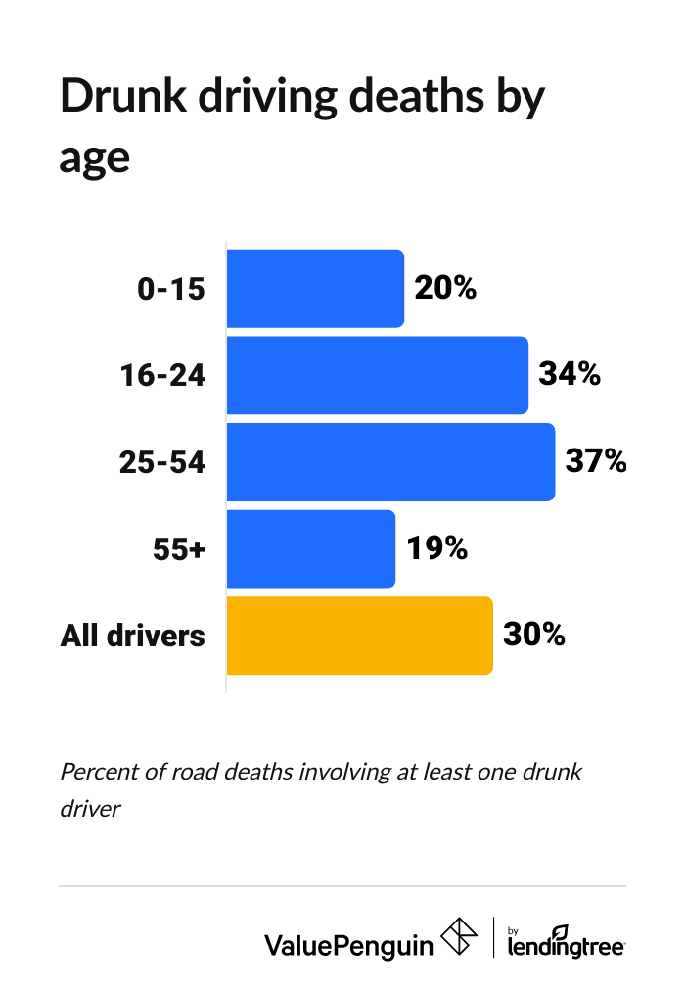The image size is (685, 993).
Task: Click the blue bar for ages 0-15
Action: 315,289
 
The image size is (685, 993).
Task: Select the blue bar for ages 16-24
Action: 377,375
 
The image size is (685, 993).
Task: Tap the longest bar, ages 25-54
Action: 390,462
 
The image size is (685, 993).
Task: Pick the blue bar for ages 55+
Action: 310,548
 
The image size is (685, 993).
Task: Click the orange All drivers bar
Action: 359,636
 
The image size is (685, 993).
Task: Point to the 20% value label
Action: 445,289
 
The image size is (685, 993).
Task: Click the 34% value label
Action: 570,375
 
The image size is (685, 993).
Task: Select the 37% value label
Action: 596,462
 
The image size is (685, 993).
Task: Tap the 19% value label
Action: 436,548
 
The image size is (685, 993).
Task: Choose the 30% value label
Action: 534,636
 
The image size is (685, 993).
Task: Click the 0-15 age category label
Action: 171,290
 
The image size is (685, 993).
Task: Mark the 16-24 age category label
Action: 162,376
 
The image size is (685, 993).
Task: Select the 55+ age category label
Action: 179,549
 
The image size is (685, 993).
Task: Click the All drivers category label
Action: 133,636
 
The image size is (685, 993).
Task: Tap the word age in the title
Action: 94,157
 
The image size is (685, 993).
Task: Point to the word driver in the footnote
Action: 89,811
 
